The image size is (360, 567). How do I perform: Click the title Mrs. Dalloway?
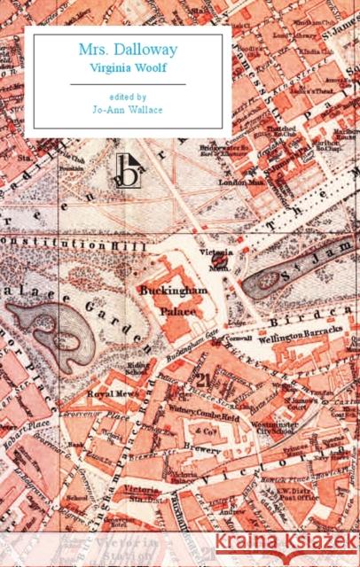pyautogui.click(x=128, y=50)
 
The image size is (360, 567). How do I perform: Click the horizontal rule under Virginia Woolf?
pyautogui.click(x=128, y=83)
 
